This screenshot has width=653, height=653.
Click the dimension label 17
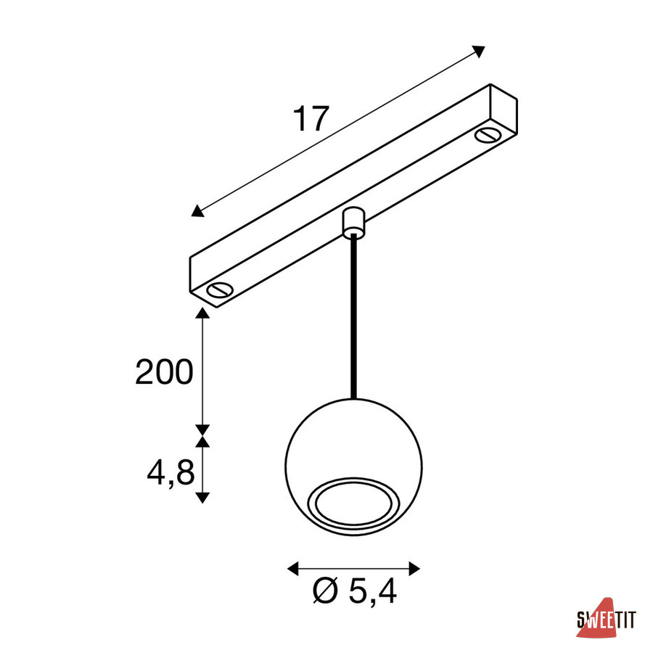click(311, 119)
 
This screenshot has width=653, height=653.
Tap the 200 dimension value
click(165, 371)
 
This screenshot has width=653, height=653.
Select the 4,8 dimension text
click(171, 472)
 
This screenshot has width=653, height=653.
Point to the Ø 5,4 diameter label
click(354, 592)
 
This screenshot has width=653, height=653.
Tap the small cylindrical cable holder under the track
click(353, 223)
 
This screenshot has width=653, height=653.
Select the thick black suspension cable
click(353, 316)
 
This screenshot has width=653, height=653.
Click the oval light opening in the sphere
click(353, 505)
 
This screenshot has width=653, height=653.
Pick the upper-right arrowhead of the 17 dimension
click(479, 51)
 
